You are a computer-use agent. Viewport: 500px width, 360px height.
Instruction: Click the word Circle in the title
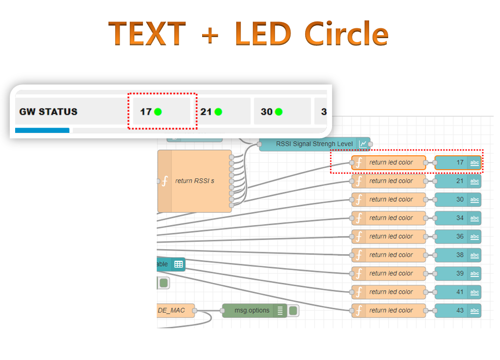(x=346, y=34)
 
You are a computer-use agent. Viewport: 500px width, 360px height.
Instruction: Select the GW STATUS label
(x=48, y=112)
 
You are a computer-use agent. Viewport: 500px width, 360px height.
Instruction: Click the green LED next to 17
(x=158, y=112)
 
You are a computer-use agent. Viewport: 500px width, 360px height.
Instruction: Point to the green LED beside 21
(x=218, y=112)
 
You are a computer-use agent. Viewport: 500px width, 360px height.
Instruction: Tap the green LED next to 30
(x=278, y=112)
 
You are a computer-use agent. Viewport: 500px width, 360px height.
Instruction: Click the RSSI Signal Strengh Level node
(x=314, y=144)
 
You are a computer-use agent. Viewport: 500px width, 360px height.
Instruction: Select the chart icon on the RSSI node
(x=363, y=144)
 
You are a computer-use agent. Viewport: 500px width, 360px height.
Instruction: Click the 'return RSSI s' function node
(x=194, y=181)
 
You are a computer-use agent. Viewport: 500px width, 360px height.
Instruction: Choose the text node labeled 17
(x=458, y=163)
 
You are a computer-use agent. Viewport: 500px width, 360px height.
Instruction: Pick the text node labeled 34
(x=458, y=218)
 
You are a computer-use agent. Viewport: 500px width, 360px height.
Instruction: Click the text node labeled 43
(x=458, y=310)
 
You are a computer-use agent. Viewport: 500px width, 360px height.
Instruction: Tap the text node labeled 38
(x=458, y=255)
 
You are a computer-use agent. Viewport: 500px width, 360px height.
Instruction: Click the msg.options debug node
(x=252, y=311)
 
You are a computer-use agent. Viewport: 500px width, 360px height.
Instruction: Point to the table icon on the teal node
(x=178, y=264)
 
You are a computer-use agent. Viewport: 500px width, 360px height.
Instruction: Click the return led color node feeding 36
(x=388, y=236)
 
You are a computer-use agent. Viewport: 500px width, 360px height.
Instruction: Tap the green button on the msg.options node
(x=293, y=311)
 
